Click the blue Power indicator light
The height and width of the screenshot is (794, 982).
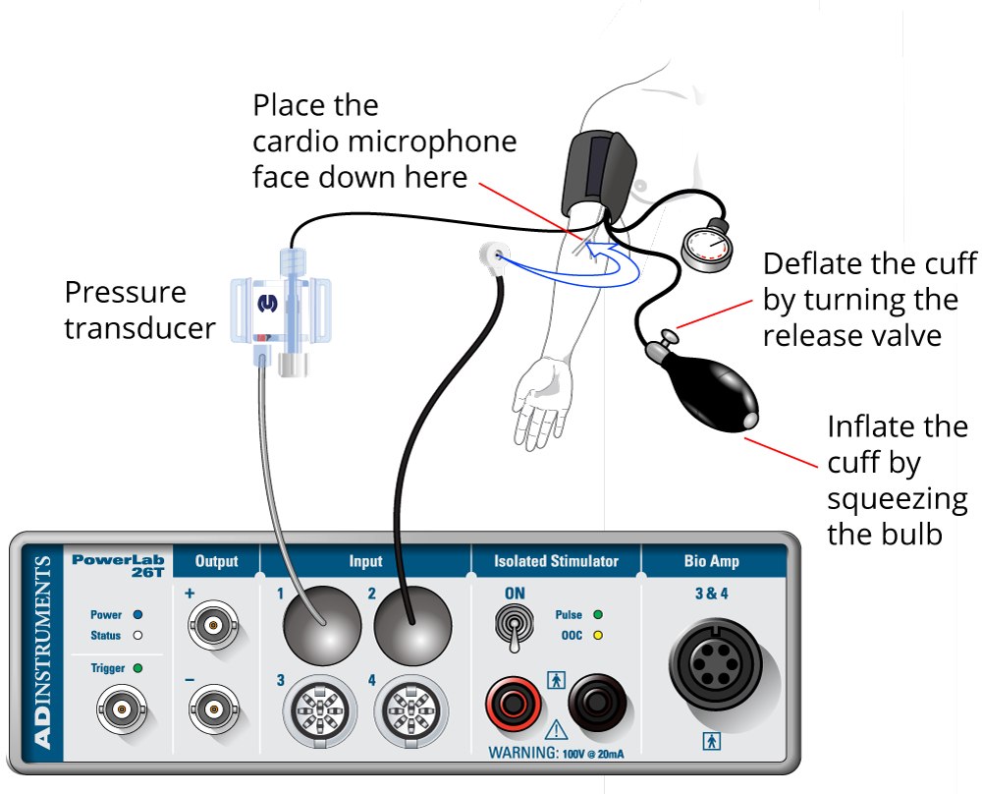click(137, 614)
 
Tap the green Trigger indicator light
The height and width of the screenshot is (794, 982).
click(137, 668)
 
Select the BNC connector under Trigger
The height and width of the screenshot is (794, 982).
click(121, 709)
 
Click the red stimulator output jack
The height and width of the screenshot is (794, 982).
click(513, 703)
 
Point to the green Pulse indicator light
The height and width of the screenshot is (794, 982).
click(598, 615)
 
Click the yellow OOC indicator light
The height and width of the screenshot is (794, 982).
click(598, 635)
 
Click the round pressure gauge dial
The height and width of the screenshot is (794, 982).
click(706, 247)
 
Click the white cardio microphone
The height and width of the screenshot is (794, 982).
click(491, 257)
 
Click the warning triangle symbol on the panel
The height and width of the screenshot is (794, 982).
click(556, 729)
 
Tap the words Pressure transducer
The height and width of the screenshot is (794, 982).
click(139, 310)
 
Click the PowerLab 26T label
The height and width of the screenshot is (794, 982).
click(118, 566)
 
